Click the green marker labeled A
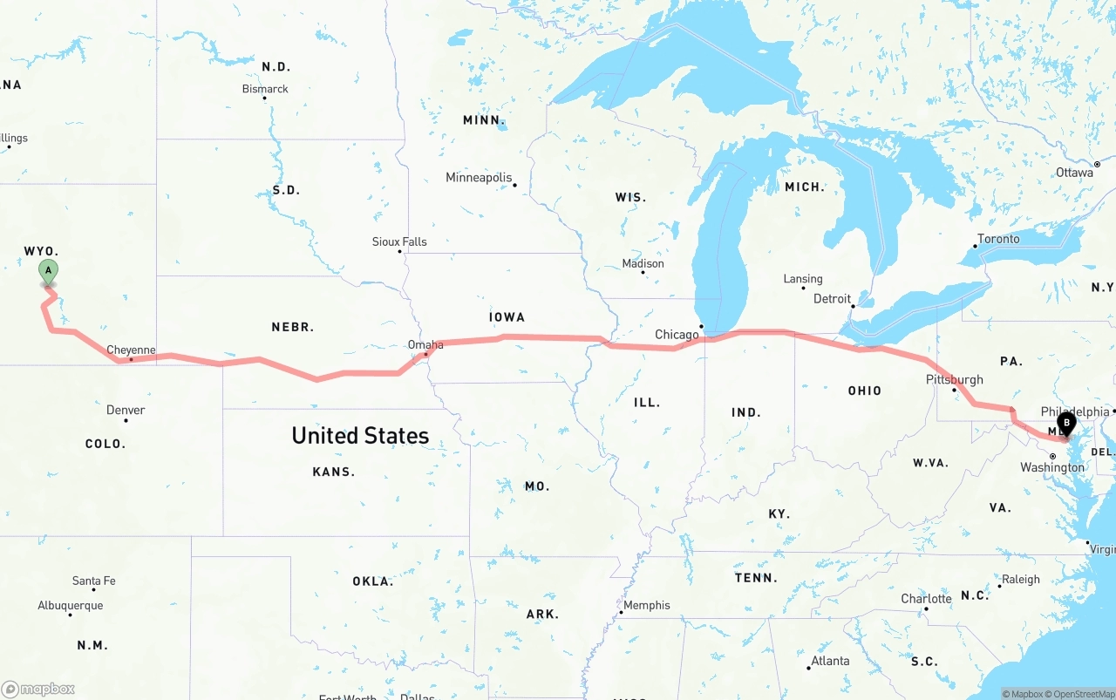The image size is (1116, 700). [49, 271]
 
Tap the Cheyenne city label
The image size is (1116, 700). [131, 350]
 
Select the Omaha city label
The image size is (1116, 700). [425, 345]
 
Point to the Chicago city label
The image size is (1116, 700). [677, 335]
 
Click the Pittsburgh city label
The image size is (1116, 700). [954, 380]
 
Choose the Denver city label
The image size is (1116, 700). [126, 410]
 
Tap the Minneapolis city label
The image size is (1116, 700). [479, 178]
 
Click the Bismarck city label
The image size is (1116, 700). [265, 89]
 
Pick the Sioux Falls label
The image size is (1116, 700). [399, 241]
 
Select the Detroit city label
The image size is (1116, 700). [832, 299]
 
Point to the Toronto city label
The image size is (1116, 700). [998, 239]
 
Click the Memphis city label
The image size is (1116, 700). [647, 605]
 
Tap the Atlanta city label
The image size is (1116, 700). [830, 661]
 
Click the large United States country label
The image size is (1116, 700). [360, 436]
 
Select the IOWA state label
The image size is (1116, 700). [507, 317]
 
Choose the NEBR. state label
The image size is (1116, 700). [293, 327]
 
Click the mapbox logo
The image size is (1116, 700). [39, 689]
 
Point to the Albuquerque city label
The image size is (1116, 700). [70, 606]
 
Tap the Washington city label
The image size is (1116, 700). [1052, 467]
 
